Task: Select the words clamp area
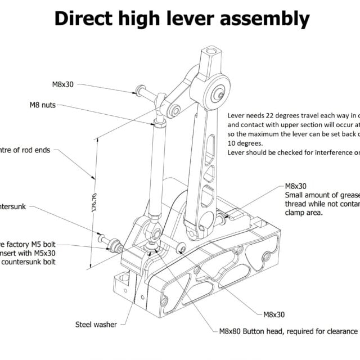[x=304, y=213]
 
